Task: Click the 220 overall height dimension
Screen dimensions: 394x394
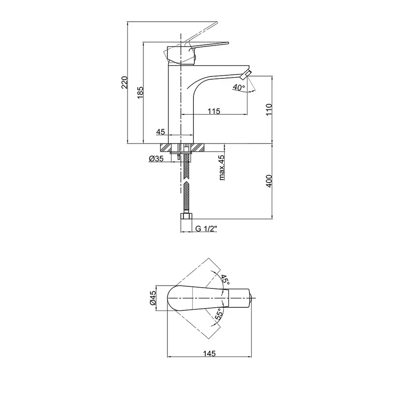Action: point(125,82)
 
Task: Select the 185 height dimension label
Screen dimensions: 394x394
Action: point(140,92)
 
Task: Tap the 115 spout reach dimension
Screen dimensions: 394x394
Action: point(214,111)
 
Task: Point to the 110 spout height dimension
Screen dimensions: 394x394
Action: point(269,109)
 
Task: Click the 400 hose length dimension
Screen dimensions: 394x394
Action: point(269,181)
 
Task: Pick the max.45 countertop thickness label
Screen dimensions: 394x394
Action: point(222,168)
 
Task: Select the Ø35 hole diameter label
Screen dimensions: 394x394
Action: point(156,158)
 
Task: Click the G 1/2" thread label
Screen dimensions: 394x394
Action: point(206,229)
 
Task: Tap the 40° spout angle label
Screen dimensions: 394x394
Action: point(239,88)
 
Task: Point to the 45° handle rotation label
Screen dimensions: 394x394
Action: point(225,280)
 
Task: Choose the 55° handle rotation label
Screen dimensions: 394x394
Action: point(219,314)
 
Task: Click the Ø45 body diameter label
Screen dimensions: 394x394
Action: point(153,298)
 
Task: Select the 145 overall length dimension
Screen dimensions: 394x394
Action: point(209,354)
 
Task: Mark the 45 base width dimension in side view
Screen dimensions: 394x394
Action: point(161,132)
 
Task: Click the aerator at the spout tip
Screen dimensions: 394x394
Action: point(246,75)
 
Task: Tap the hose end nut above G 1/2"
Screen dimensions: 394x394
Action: point(186,216)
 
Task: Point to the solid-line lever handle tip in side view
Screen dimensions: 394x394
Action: point(227,43)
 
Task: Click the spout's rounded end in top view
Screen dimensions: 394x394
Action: point(250,298)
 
